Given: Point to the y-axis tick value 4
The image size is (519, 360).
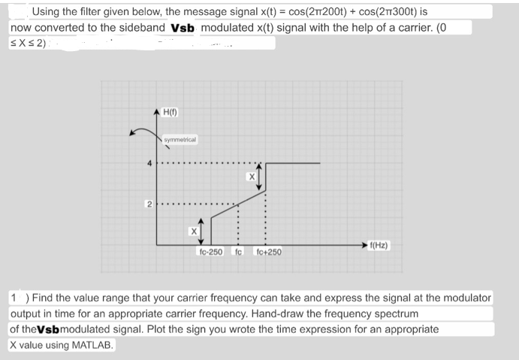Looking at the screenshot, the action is pyautogui.click(x=149, y=163).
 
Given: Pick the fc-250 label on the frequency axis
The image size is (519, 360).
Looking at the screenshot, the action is pyautogui.click(x=210, y=252).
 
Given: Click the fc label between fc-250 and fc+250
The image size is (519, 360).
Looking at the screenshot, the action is pyautogui.click(x=238, y=252).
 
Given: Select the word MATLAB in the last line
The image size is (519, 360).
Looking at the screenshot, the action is pyautogui.click(x=92, y=345).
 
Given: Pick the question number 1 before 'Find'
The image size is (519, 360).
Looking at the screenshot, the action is pyautogui.click(x=16, y=298).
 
